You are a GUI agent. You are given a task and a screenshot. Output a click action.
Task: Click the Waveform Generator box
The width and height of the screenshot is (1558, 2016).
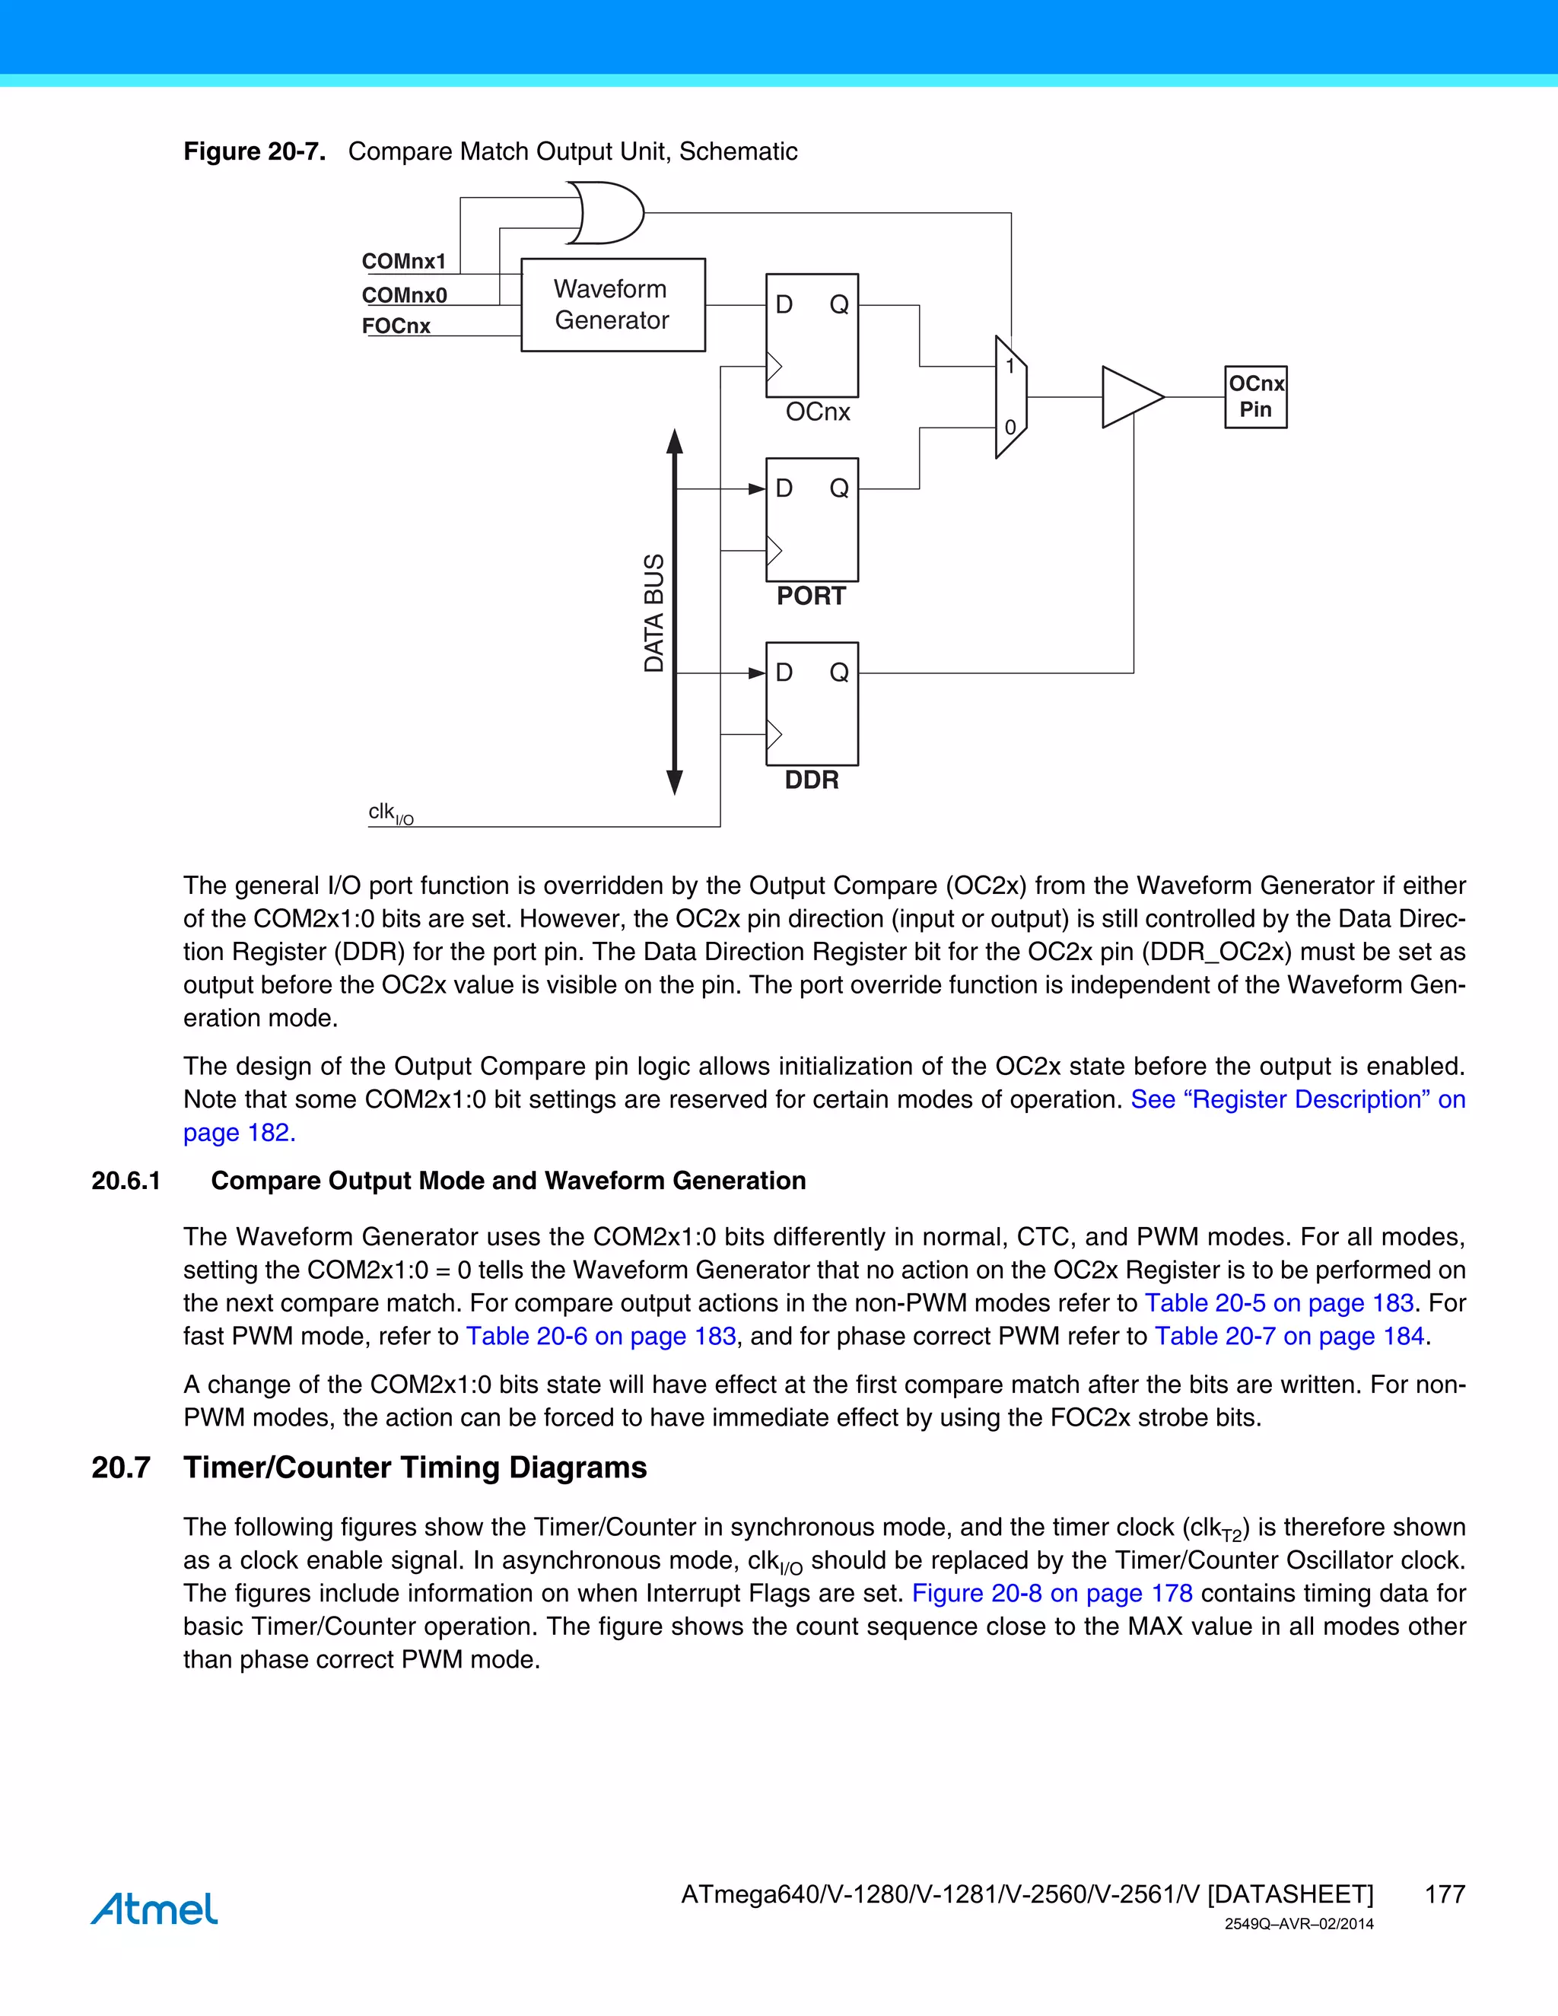(x=612, y=304)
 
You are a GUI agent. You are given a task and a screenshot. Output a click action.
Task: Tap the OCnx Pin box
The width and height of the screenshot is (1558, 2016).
(x=1255, y=397)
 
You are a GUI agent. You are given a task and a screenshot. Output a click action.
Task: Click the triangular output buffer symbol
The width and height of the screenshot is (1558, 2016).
(x=1130, y=397)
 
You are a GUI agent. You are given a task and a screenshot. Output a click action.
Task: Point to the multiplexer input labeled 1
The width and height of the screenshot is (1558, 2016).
(x=1010, y=367)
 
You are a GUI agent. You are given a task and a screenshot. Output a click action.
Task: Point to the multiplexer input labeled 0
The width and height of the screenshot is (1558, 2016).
(x=1010, y=428)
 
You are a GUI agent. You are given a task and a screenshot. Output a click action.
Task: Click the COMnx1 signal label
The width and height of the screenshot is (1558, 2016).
(x=403, y=261)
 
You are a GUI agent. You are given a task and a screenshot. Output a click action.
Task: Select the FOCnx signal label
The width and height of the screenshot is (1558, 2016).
(x=396, y=326)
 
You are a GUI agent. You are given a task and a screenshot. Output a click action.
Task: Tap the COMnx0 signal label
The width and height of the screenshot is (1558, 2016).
(x=404, y=295)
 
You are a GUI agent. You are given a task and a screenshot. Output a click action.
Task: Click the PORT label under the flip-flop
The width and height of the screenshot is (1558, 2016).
(x=810, y=596)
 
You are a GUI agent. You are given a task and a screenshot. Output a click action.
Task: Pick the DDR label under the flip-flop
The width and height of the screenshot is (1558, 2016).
(x=811, y=780)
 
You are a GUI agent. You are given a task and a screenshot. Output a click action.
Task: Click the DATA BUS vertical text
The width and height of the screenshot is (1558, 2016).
(x=653, y=613)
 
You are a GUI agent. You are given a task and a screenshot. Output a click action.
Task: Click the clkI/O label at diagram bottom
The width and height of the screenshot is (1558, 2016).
(x=390, y=813)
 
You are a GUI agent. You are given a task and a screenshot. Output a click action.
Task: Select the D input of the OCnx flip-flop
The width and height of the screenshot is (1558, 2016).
(x=784, y=304)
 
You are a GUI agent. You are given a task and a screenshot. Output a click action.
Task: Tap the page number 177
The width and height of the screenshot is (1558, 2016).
(x=1445, y=1894)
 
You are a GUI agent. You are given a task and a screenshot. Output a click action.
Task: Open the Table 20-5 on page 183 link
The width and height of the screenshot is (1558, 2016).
(x=1280, y=1302)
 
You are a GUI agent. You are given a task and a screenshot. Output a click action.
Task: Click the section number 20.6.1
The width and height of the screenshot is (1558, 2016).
(x=126, y=1181)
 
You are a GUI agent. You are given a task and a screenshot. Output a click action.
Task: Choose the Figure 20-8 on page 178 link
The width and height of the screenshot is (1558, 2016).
(x=1052, y=1593)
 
